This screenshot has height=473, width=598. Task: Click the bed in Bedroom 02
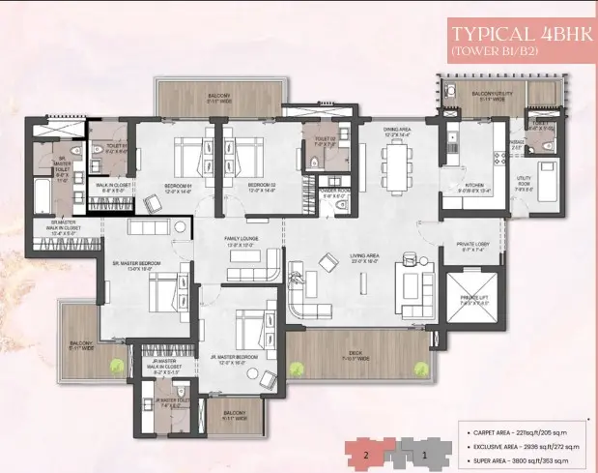click(x=244, y=155)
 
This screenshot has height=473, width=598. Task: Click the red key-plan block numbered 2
click(x=367, y=452)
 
